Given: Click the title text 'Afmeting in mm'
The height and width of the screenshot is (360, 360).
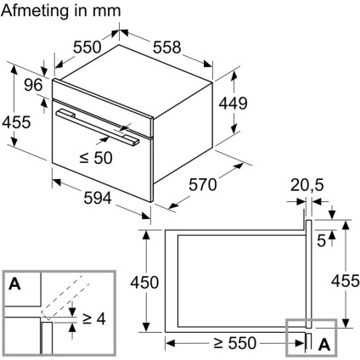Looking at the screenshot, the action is pos(61,11).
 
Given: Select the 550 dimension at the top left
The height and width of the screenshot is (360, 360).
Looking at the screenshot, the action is pos(87,47).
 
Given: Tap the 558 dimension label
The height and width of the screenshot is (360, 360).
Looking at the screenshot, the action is pos(166,47).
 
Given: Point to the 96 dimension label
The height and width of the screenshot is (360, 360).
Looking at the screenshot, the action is pos(33,85).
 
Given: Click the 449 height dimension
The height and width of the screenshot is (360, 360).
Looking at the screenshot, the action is pos(233,103).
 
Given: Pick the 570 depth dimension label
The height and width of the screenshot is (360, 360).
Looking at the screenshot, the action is pos(203,185).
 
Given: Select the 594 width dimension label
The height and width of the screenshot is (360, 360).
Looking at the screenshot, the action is pos(98,198).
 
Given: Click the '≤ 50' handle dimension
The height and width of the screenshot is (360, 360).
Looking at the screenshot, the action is pos(96,158).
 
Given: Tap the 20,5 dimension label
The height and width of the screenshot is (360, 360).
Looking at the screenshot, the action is pos(307,186).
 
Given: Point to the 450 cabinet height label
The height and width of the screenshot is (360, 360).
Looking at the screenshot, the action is pos(144,282).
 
